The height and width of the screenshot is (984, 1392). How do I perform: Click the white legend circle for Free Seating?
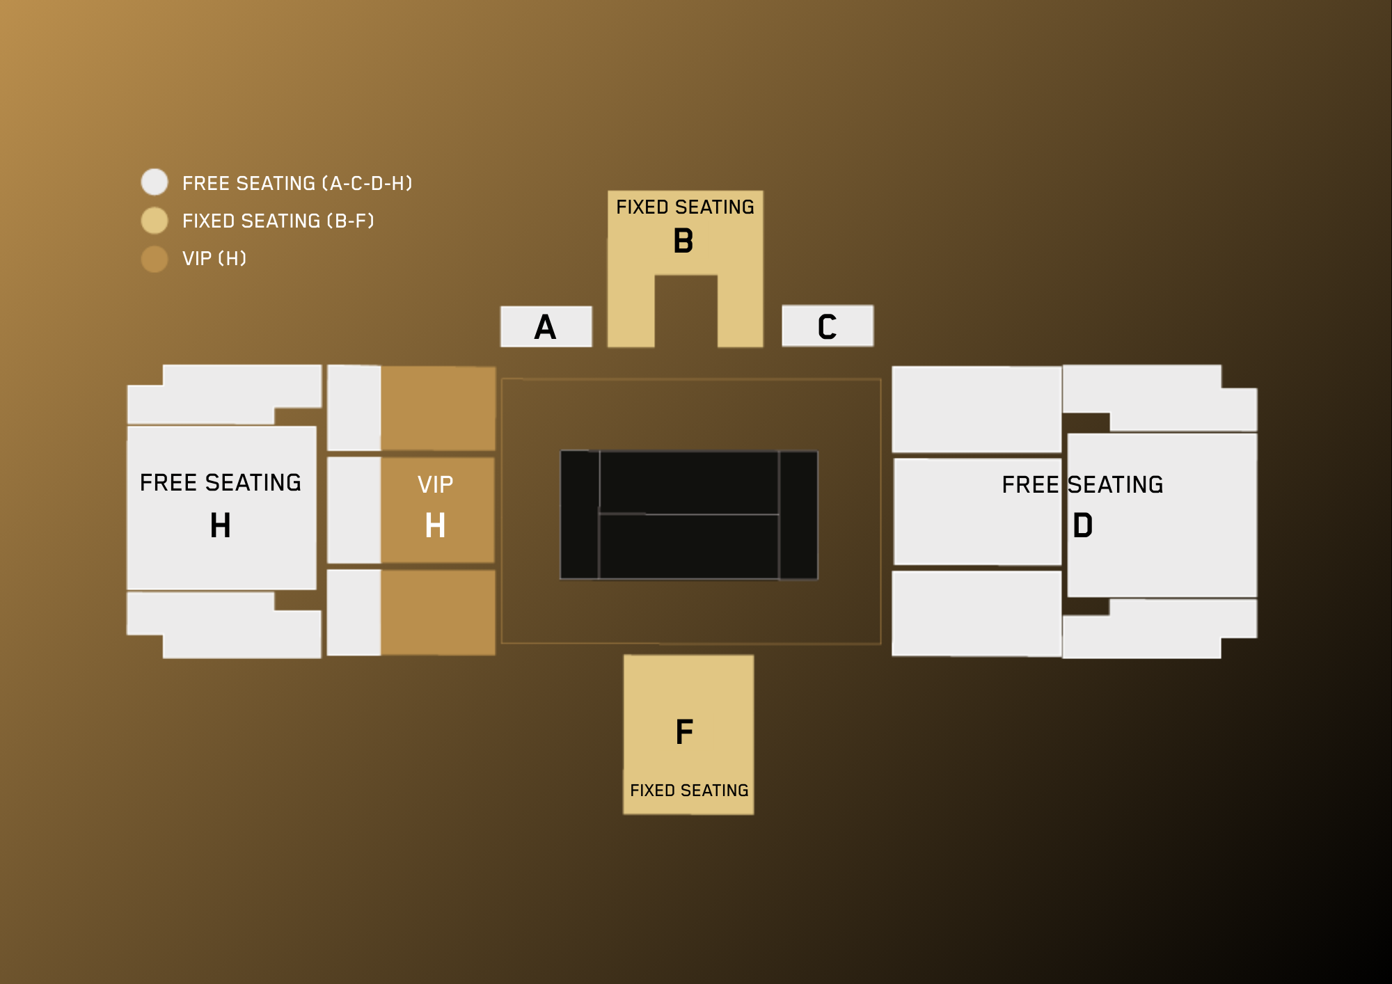(x=155, y=182)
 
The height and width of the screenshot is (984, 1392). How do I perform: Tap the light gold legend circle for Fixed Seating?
(x=155, y=221)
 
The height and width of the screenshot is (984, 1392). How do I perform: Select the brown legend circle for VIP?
(x=155, y=259)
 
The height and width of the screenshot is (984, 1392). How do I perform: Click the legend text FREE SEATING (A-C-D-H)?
(x=297, y=183)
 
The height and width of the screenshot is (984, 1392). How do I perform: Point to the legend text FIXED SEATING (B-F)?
(x=278, y=221)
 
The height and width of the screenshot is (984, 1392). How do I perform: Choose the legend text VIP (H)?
(x=214, y=258)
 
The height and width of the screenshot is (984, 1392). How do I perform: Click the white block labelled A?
(x=546, y=326)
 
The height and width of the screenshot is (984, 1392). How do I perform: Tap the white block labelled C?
(x=828, y=326)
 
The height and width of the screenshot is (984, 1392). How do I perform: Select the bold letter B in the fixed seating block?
(x=683, y=241)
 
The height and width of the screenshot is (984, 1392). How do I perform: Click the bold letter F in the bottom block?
(x=685, y=731)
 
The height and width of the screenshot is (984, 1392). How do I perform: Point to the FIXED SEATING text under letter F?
(x=689, y=791)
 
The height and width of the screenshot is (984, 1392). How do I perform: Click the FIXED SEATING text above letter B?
(x=685, y=207)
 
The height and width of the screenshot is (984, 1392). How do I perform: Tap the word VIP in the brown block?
(x=435, y=484)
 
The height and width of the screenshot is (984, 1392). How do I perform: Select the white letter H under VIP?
(x=435, y=525)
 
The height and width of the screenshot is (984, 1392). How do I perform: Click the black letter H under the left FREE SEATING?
(x=220, y=525)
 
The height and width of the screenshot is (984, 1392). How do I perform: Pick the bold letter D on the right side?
(x=1083, y=525)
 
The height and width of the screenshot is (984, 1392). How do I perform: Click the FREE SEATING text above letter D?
(x=1082, y=484)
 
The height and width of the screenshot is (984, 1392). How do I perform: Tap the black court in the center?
(x=689, y=515)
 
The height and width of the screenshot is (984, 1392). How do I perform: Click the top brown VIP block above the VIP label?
(x=438, y=408)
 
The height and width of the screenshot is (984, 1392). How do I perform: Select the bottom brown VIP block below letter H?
(x=438, y=612)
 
